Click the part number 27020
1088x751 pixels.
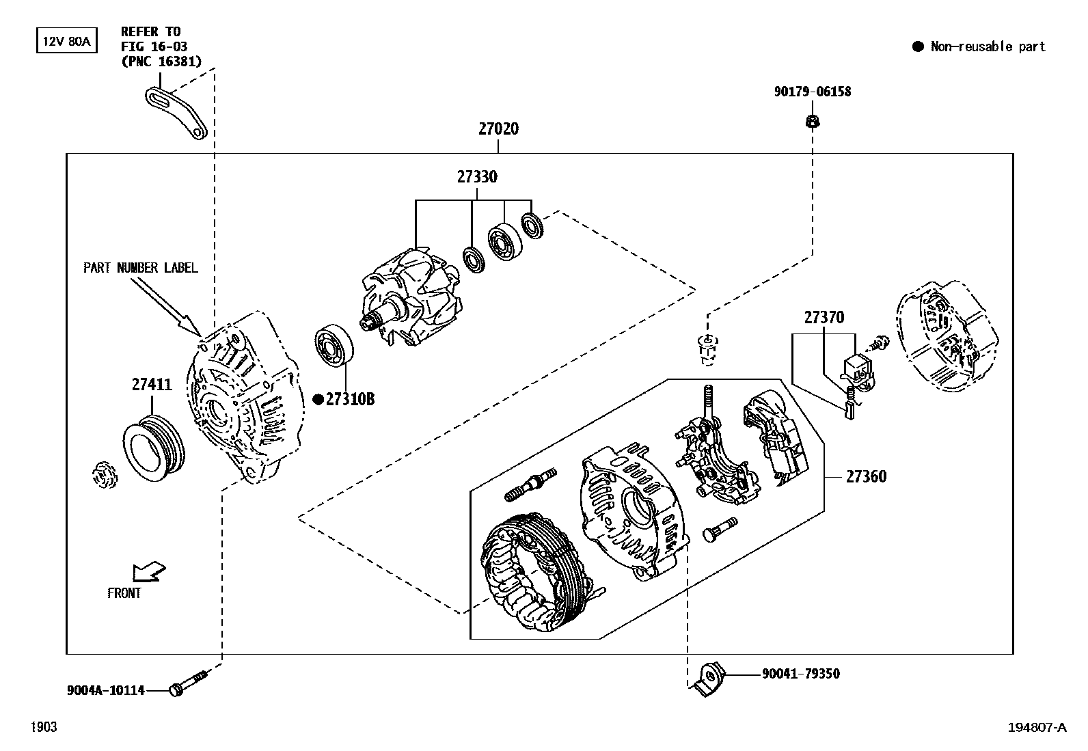(x=498, y=128)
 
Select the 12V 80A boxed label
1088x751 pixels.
(x=66, y=41)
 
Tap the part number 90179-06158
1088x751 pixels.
(x=813, y=92)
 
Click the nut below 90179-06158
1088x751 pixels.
(x=813, y=122)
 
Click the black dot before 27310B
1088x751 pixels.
(x=318, y=400)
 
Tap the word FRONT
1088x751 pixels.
(x=124, y=593)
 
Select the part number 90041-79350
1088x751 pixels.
(x=801, y=674)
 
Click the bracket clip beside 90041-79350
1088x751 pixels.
(x=706, y=679)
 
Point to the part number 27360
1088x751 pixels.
(x=866, y=476)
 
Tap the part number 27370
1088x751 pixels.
(x=824, y=317)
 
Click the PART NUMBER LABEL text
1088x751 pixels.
(x=140, y=268)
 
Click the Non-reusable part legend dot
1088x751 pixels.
(x=918, y=46)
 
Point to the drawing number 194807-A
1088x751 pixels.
(x=1036, y=727)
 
